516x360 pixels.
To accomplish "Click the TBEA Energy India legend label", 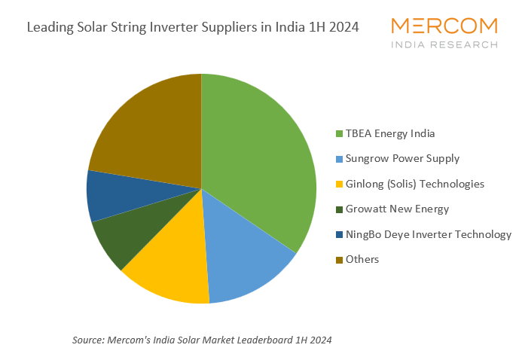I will point(389,134).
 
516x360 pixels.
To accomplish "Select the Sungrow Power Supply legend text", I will point(402,159).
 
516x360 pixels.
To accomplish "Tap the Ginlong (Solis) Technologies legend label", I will point(414,184).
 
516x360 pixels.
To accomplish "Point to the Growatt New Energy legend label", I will point(397,209).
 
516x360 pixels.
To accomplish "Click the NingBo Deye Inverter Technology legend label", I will point(428,234).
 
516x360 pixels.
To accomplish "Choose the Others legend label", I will point(362,259).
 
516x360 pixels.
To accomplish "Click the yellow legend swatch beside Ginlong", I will point(339,184).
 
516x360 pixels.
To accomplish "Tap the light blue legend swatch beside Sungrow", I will point(339,159).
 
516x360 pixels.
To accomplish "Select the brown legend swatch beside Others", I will point(339,260).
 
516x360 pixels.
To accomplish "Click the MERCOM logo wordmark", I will point(444,26).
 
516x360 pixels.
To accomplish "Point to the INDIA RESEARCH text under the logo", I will point(444,44).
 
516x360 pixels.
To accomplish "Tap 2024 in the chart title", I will point(343,28).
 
